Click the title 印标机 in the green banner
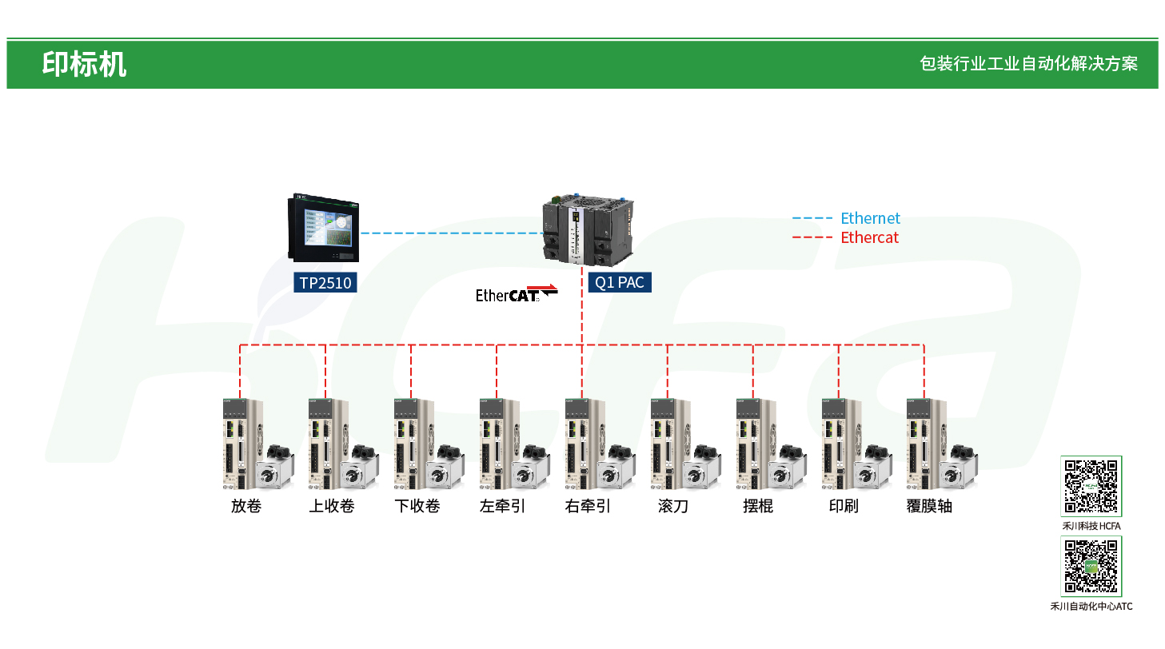(x=84, y=64)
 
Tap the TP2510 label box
(x=325, y=282)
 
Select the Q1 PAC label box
(x=620, y=282)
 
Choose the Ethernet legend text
(x=870, y=218)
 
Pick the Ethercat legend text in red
(x=869, y=237)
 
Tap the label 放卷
(x=246, y=506)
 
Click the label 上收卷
(x=332, y=506)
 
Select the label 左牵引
(x=502, y=506)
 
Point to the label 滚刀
(x=673, y=506)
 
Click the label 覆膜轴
(x=929, y=506)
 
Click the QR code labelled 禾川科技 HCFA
(x=1091, y=486)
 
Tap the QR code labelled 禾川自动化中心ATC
(x=1091, y=566)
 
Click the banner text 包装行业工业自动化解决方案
(x=1028, y=64)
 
